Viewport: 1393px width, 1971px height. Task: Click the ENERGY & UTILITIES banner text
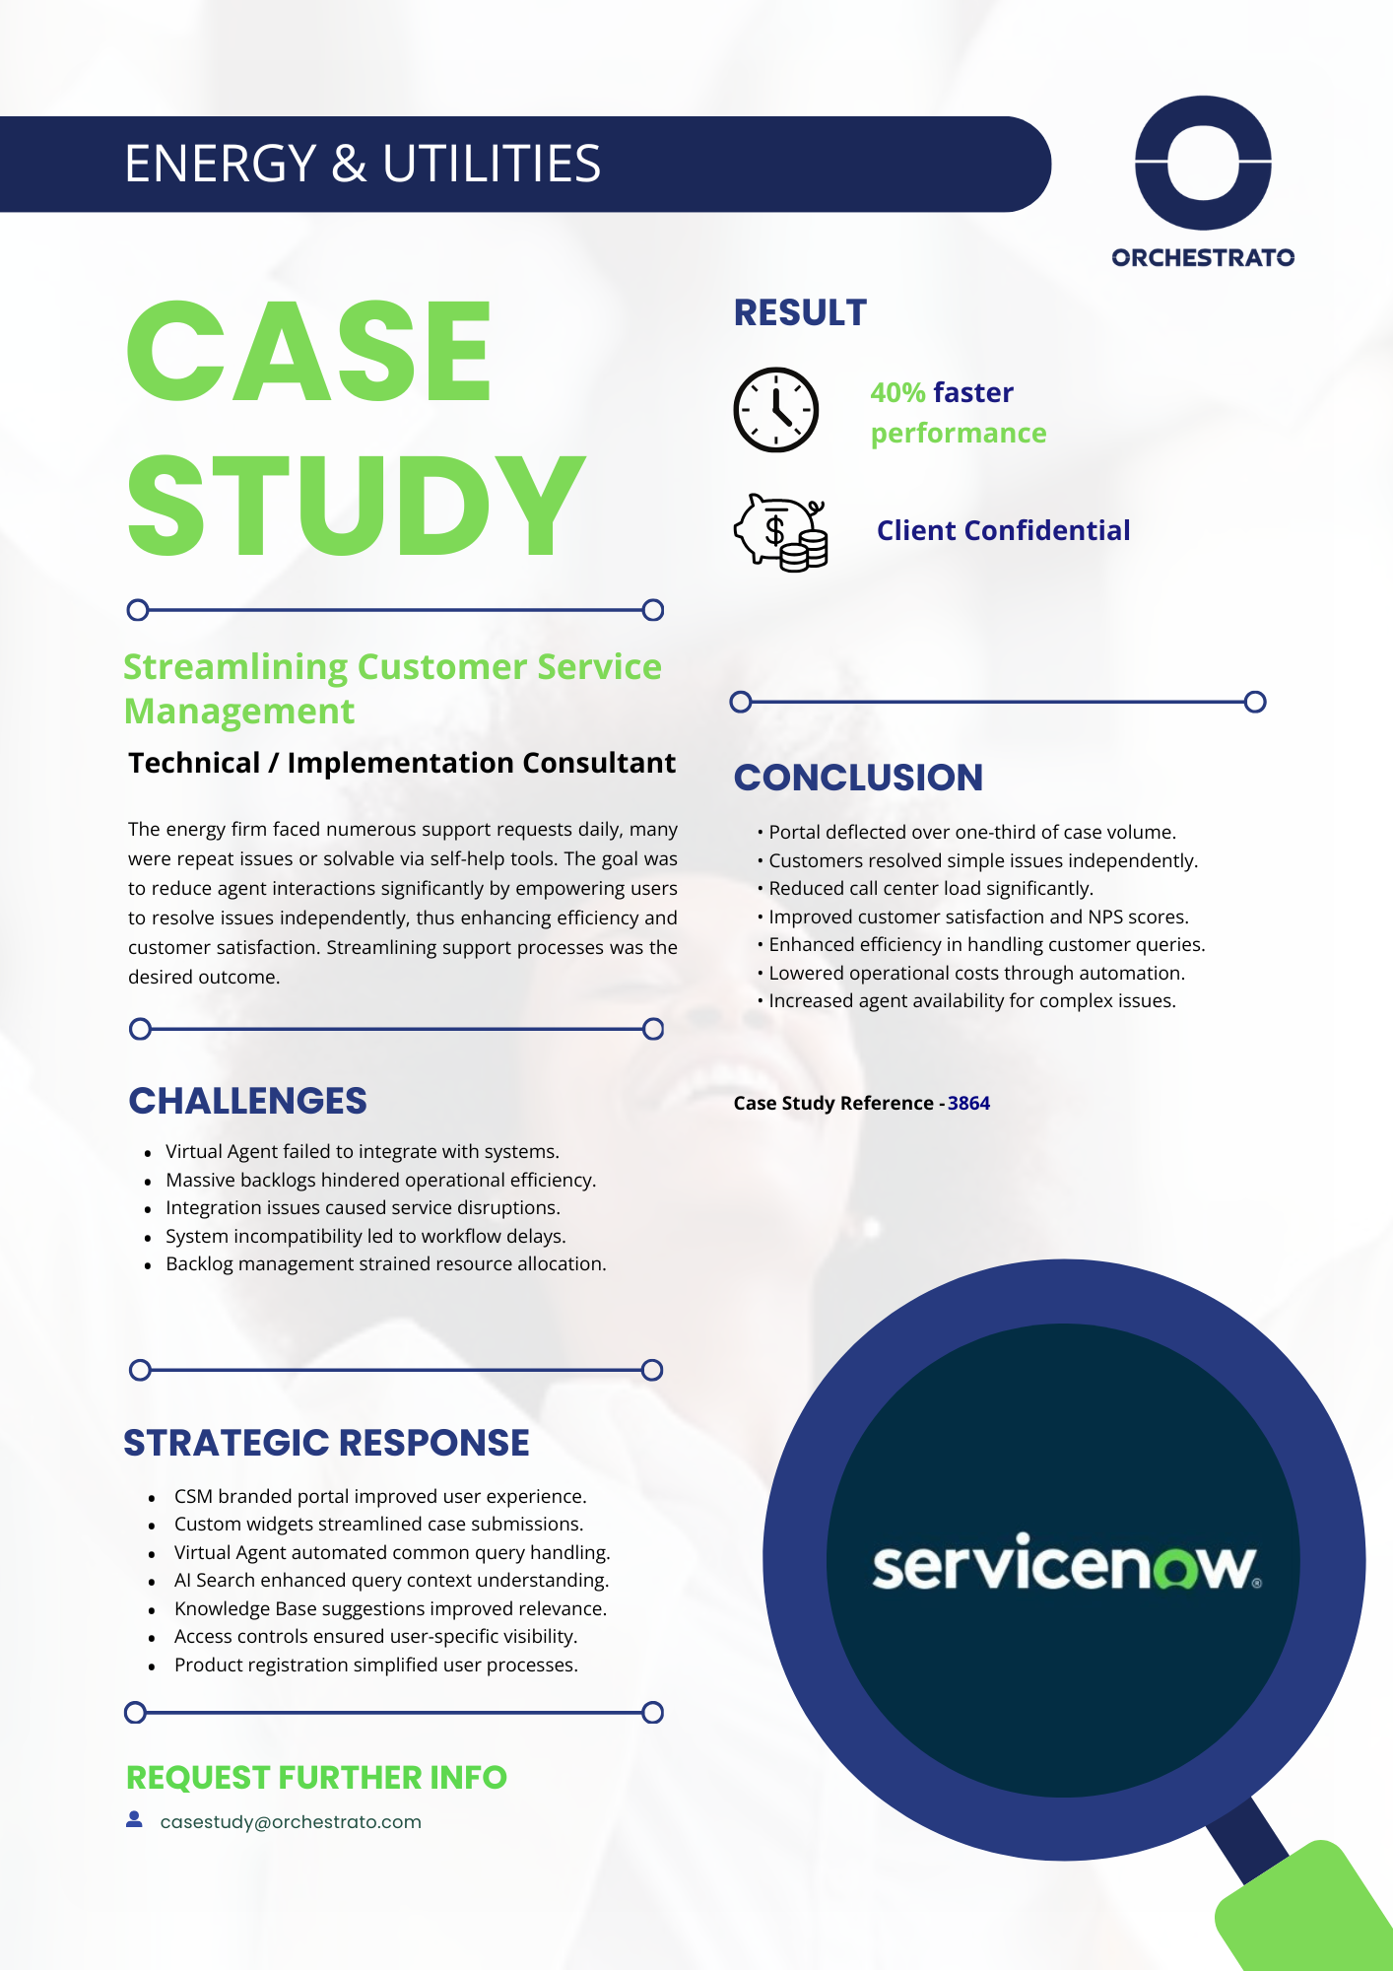pyautogui.click(x=362, y=164)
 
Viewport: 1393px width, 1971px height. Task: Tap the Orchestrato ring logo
pyautogui.click(x=1203, y=163)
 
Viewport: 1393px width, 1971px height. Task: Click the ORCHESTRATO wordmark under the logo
pyautogui.click(x=1203, y=258)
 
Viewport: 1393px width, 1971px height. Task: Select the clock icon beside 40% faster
pyautogui.click(x=776, y=410)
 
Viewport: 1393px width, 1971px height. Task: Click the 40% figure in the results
pyautogui.click(x=896, y=392)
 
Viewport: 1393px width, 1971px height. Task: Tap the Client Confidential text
pyautogui.click(x=1003, y=530)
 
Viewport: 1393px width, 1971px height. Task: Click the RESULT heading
pyautogui.click(x=800, y=313)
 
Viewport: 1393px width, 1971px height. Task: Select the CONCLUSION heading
pyautogui.click(x=858, y=778)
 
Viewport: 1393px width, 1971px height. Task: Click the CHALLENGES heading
pyautogui.click(x=247, y=1101)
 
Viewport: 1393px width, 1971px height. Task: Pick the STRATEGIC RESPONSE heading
pyautogui.click(x=326, y=1443)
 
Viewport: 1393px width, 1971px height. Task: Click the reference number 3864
pyautogui.click(x=968, y=1103)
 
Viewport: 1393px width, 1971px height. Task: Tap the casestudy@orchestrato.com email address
pyautogui.click(x=291, y=1822)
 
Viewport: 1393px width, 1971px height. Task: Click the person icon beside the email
pyautogui.click(x=135, y=1820)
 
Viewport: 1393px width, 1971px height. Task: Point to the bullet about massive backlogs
pyautogui.click(x=380, y=1180)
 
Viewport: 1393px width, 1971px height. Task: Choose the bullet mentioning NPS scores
pyautogui.click(x=978, y=917)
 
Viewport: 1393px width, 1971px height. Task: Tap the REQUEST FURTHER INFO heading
pyautogui.click(x=316, y=1778)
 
